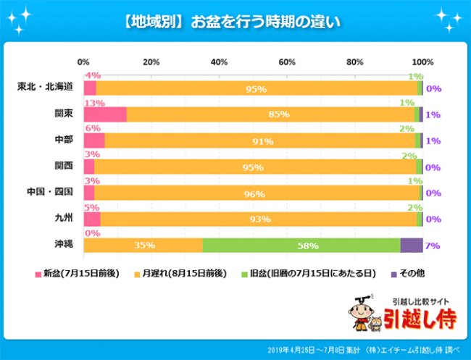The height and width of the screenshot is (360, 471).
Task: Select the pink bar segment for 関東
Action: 105,114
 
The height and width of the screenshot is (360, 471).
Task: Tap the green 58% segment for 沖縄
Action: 301,246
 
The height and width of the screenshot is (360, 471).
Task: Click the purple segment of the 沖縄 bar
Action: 411,246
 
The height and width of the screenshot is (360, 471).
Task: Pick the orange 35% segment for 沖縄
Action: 143,246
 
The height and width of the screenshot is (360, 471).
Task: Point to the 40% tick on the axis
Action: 219,62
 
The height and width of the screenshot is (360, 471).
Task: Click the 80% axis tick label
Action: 354,62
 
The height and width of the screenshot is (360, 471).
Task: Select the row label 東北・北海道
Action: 45,88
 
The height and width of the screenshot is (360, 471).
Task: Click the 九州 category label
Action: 63,219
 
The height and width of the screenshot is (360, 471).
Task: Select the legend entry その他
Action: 409,274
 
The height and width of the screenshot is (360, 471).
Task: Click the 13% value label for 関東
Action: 93,103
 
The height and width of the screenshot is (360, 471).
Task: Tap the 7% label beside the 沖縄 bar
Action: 433,246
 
